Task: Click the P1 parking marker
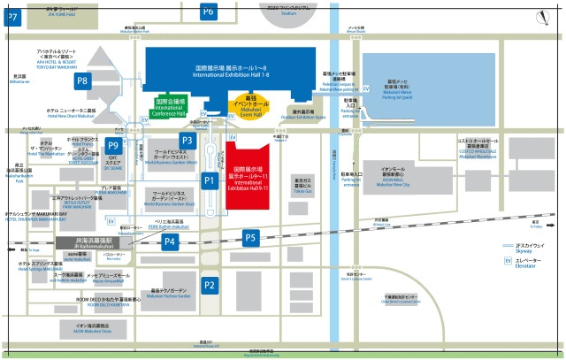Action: [209, 180]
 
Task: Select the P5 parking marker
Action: [250, 237]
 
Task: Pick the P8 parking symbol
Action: [83, 81]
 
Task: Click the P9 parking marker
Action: [112, 145]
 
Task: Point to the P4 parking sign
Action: [169, 241]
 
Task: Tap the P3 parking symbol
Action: [187, 140]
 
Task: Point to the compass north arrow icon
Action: [546, 13]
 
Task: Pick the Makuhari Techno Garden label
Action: [168, 293]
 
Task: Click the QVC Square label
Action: [113, 165]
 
